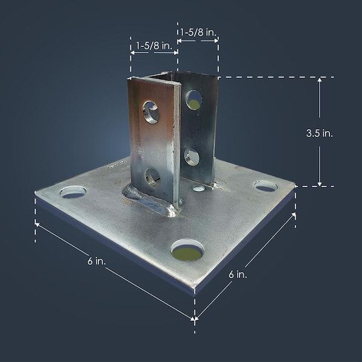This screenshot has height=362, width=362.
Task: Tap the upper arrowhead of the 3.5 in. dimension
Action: point(320,80)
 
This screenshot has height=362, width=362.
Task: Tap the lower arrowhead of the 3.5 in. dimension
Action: point(320,183)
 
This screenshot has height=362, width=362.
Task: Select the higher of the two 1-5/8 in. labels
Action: point(197,31)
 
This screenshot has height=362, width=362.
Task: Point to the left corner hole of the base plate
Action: point(73,192)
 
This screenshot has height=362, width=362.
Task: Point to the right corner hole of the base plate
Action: point(265,186)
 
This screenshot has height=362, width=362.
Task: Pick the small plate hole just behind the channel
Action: point(198,188)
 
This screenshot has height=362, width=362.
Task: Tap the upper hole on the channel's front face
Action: point(150,112)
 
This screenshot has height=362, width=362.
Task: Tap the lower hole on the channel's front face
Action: point(152,177)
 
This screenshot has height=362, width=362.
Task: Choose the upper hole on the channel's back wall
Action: point(194,99)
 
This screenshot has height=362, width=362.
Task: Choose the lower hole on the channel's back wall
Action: point(192,157)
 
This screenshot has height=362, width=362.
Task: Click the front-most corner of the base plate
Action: point(195,288)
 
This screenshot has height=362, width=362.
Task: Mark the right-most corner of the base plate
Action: point(295,186)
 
